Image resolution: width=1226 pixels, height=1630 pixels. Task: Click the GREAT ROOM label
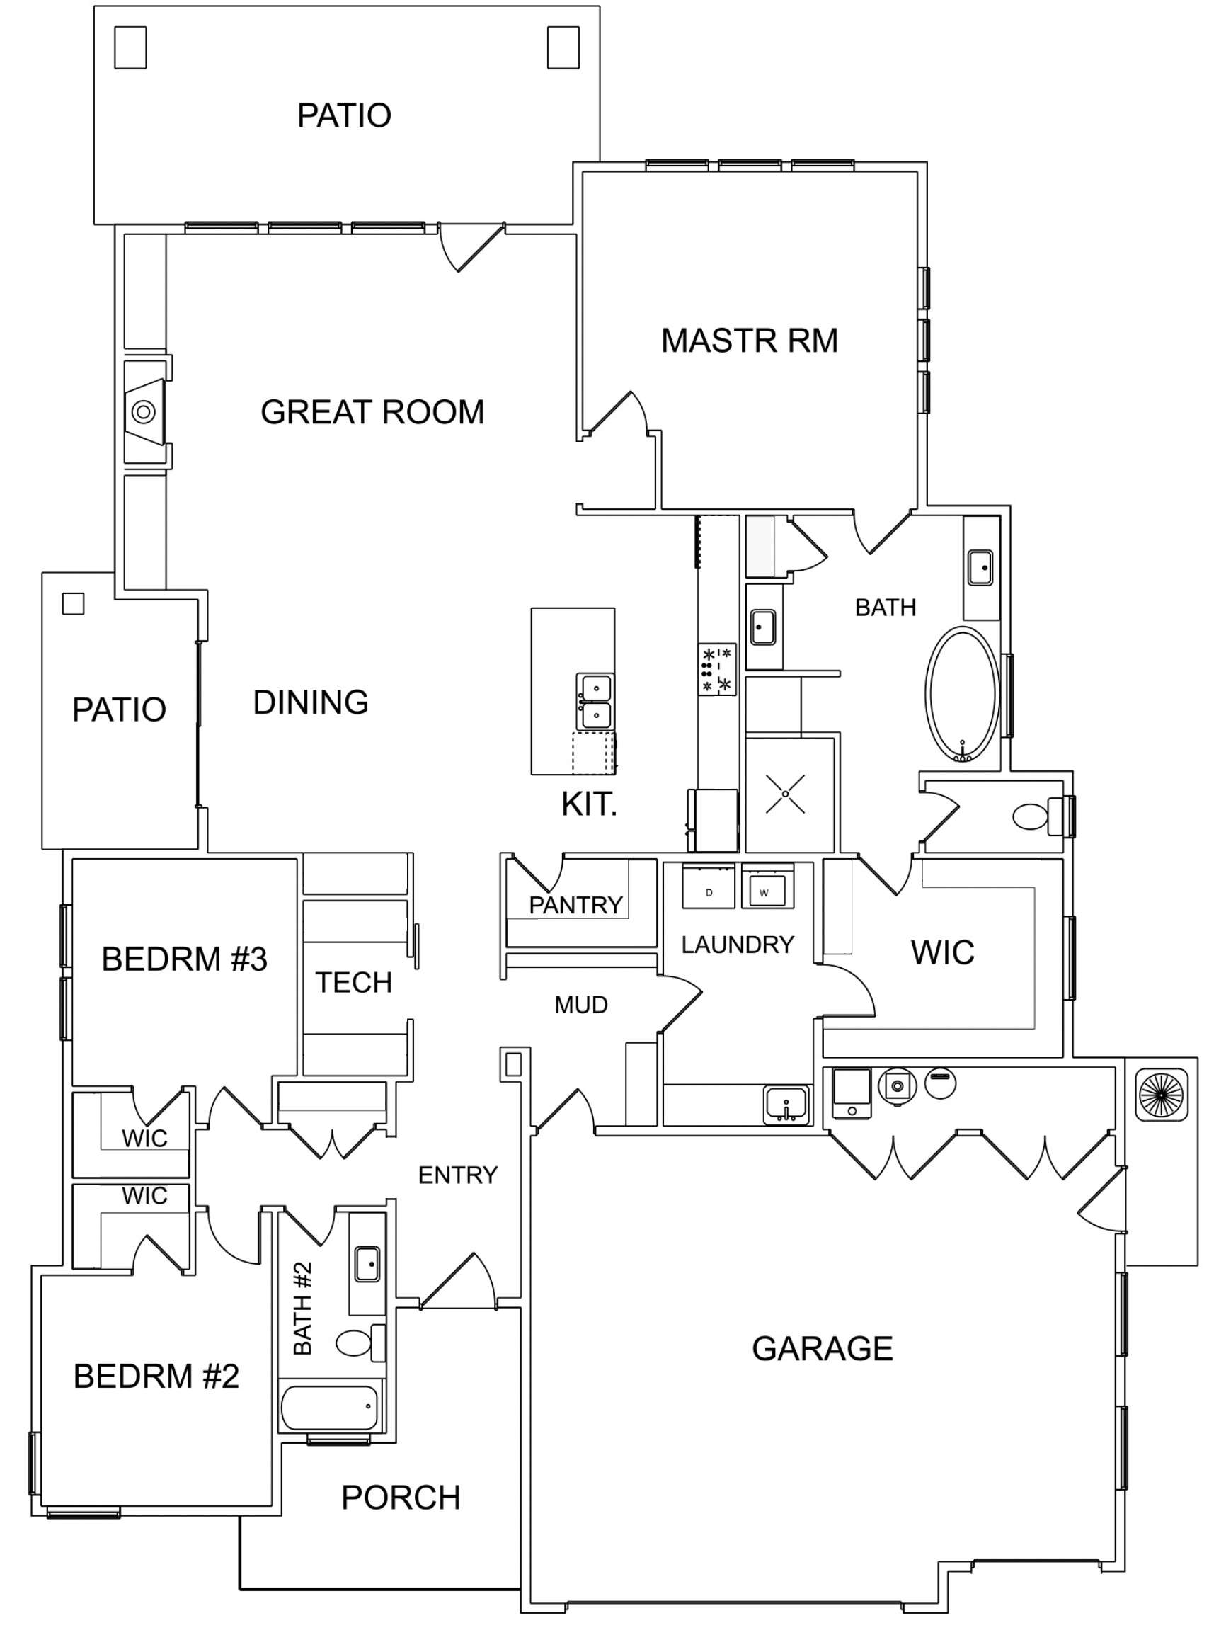[372, 412]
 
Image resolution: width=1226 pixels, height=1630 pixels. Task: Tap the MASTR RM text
[750, 341]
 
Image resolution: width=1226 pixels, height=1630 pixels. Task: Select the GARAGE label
[823, 1348]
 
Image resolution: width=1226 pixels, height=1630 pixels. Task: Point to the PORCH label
[401, 1498]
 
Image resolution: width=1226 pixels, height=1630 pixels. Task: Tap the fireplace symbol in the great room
[144, 411]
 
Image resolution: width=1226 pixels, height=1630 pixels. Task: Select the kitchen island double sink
[595, 702]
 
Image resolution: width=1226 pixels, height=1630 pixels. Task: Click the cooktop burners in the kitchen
[717, 669]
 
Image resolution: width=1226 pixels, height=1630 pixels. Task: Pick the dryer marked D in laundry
[709, 887]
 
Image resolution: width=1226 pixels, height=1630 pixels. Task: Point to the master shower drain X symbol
[786, 794]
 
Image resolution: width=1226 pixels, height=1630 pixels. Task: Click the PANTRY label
[575, 905]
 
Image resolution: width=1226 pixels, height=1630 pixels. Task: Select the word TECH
[354, 982]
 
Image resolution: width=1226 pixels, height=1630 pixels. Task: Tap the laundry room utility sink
[786, 1105]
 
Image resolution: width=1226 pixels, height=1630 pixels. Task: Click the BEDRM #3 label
[184, 959]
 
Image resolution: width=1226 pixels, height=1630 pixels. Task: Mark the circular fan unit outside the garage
[1161, 1094]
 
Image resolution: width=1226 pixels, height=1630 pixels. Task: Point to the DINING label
[311, 702]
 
